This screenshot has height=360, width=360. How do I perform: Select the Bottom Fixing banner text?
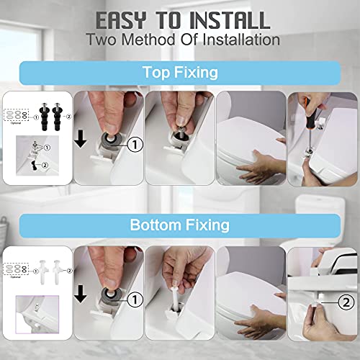[179, 225]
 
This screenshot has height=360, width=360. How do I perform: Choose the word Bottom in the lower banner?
[153, 225]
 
